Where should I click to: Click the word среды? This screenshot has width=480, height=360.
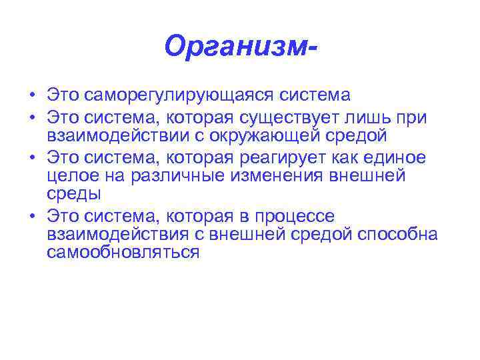[x=74, y=195]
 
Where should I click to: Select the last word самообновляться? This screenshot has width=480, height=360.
[x=123, y=253]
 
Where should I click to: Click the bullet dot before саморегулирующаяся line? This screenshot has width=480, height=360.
[x=31, y=96]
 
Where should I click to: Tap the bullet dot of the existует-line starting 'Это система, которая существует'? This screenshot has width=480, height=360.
[x=31, y=118]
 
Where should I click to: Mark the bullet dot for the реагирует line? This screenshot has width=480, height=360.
[x=31, y=159]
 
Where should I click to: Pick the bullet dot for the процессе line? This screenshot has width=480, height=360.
[x=31, y=217]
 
